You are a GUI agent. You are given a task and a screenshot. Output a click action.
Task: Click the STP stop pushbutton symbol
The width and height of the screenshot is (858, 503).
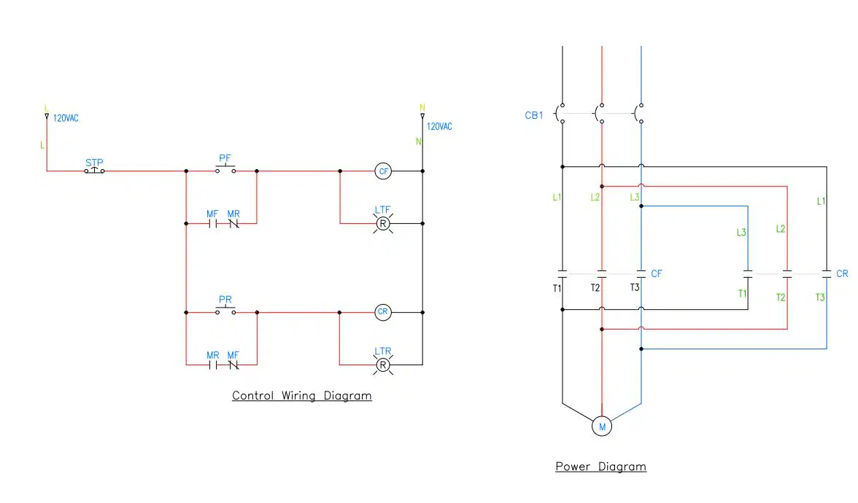(x=94, y=170)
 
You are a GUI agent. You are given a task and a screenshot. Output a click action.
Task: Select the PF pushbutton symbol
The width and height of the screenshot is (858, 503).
(x=225, y=169)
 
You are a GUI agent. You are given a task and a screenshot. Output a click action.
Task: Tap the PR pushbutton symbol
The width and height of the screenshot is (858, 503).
(x=225, y=310)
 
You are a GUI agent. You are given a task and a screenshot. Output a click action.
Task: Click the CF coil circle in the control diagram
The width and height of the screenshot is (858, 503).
(x=384, y=171)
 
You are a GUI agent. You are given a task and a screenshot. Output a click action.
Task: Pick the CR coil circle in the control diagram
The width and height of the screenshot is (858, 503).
(x=383, y=312)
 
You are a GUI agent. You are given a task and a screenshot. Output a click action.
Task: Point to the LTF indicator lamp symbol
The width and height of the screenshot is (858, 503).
(x=383, y=224)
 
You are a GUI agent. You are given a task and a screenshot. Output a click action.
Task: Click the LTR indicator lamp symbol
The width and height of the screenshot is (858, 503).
(x=383, y=364)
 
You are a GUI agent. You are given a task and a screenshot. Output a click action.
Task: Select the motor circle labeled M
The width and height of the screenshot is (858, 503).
(x=602, y=426)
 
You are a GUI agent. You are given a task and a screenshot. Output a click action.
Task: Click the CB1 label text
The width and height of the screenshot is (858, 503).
(x=534, y=115)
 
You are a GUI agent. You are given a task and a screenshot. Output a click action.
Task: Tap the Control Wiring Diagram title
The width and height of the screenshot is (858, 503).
(x=302, y=395)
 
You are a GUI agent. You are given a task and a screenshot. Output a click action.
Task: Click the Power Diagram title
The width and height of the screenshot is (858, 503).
(x=601, y=467)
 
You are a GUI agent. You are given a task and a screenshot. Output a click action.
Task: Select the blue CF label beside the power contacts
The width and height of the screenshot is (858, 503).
(x=657, y=273)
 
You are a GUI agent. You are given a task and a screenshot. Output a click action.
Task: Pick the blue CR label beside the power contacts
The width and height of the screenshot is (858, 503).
(x=842, y=273)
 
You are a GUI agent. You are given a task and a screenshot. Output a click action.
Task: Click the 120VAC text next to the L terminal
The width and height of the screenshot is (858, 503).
(x=66, y=118)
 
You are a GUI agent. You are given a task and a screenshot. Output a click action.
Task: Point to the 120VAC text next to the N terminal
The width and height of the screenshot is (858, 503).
(x=439, y=126)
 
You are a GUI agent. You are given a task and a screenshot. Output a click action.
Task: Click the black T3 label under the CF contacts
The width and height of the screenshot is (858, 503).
(x=635, y=287)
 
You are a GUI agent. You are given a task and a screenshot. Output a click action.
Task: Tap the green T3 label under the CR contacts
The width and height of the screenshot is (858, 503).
(x=820, y=297)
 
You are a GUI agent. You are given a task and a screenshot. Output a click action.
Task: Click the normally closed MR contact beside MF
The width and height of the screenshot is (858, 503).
(x=233, y=223)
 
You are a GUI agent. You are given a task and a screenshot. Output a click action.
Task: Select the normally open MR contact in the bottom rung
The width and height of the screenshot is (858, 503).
(x=213, y=364)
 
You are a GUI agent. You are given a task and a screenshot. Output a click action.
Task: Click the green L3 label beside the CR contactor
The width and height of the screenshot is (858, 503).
(x=741, y=233)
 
